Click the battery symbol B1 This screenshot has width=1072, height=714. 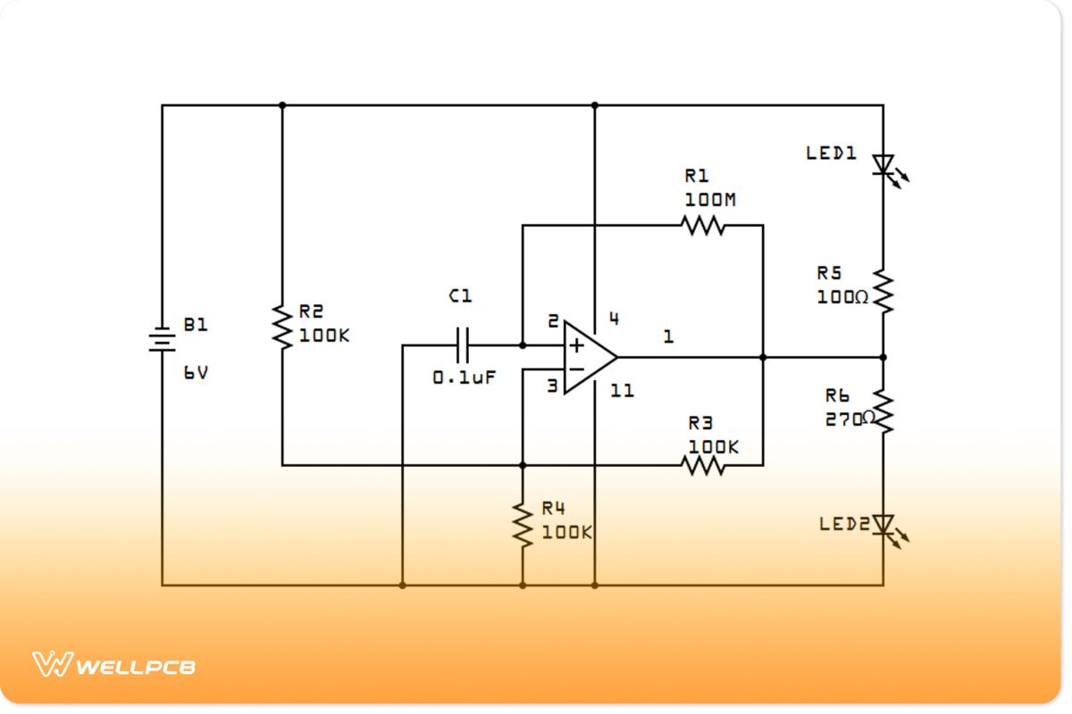click(162, 340)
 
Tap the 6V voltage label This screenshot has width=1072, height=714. click(196, 373)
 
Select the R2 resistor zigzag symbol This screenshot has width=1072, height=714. click(282, 327)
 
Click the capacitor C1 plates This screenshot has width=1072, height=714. click(463, 345)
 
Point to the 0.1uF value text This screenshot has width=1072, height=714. click(464, 378)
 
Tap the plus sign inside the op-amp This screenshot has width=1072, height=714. click(577, 345)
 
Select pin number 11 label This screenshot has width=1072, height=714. click(623, 390)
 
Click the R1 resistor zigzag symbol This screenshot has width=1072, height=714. click(703, 225)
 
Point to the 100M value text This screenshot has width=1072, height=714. click(710, 200)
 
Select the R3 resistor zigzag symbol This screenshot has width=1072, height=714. click(703, 465)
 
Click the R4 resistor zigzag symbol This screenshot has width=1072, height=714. click(523, 524)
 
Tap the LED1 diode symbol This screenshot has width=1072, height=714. click(884, 165)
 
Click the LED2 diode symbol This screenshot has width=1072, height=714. click(884, 525)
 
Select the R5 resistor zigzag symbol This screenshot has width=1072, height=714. click(884, 291)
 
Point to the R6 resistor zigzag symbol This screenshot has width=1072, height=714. click(884, 411)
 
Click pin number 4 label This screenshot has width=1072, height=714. click(614, 318)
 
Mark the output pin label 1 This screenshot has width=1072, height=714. click(668, 336)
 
